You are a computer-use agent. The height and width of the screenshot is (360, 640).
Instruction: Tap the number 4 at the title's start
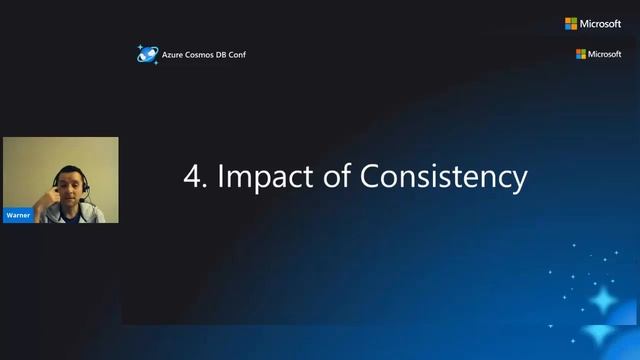pyautogui.click(x=191, y=177)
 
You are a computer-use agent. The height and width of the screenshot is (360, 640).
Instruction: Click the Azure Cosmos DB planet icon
pyautogui.click(x=147, y=54)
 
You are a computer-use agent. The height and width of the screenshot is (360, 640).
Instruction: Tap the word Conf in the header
pyautogui.click(x=237, y=54)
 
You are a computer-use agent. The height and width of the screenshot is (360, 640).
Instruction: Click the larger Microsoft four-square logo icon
pyautogui.click(x=571, y=24)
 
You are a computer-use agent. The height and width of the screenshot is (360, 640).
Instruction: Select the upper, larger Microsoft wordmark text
pyautogui.click(x=601, y=24)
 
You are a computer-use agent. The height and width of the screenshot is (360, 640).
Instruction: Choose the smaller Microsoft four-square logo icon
pyautogui.click(x=581, y=54)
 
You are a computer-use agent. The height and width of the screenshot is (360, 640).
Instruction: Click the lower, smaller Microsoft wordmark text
pyautogui.click(x=605, y=54)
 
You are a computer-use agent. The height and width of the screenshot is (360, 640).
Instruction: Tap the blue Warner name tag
pyautogui.click(x=18, y=215)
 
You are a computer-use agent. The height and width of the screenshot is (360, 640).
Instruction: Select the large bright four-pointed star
pyautogui.click(x=605, y=301)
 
